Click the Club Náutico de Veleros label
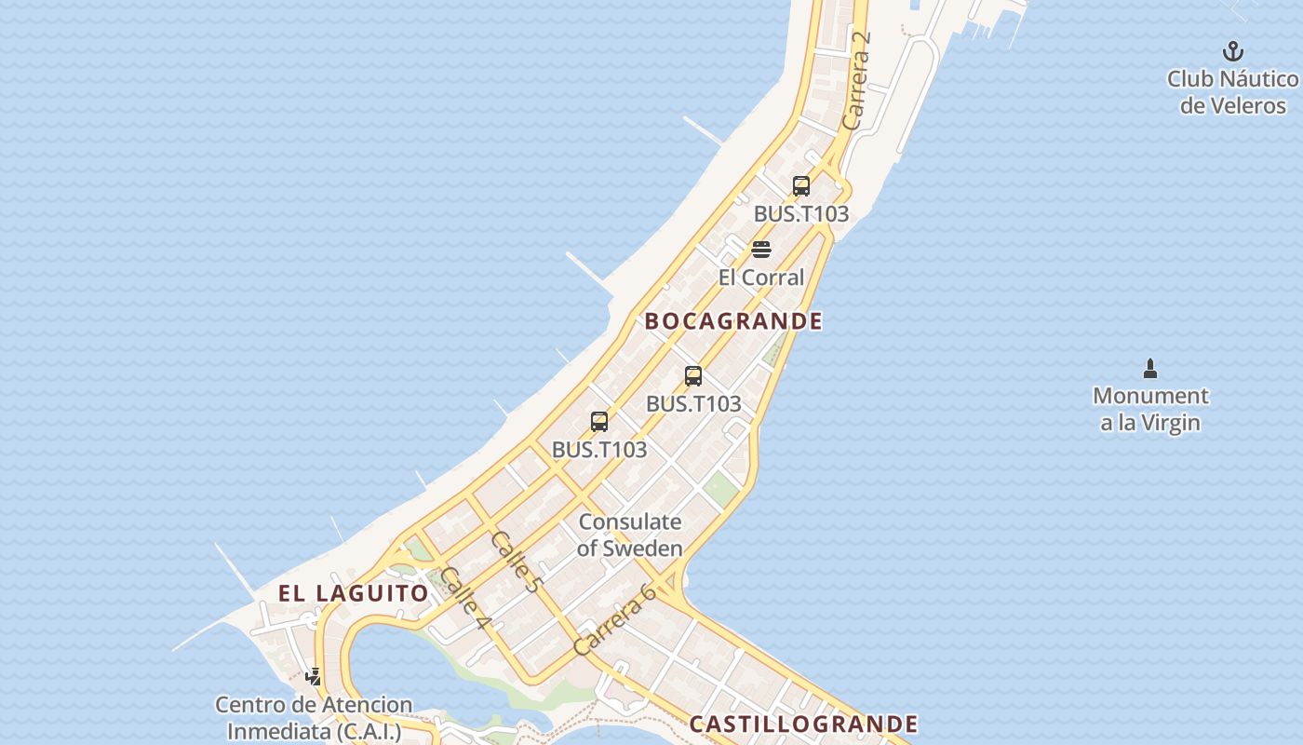(x=1232, y=91)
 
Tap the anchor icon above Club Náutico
(x=1233, y=51)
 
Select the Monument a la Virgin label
(x=1150, y=409)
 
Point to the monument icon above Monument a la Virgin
(x=1150, y=369)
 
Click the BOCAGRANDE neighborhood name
(x=733, y=321)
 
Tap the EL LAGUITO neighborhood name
(x=354, y=593)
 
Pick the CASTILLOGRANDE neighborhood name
(x=803, y=724)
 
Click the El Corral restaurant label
(x=760, y=277)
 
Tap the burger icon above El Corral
(x=761, y=250)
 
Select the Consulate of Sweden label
(x=630, y=535)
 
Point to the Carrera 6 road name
(x=615, y=618)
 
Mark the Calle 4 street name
(x=465, y=596)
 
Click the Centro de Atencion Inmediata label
(x=314, y=718)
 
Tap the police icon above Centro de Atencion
(x=314, y=677)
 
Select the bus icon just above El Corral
(x=801, y=186)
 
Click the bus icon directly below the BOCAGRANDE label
(x=693, y=376)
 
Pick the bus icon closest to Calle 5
(x=599, y=422)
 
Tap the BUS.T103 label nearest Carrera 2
(x=801, y=213)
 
